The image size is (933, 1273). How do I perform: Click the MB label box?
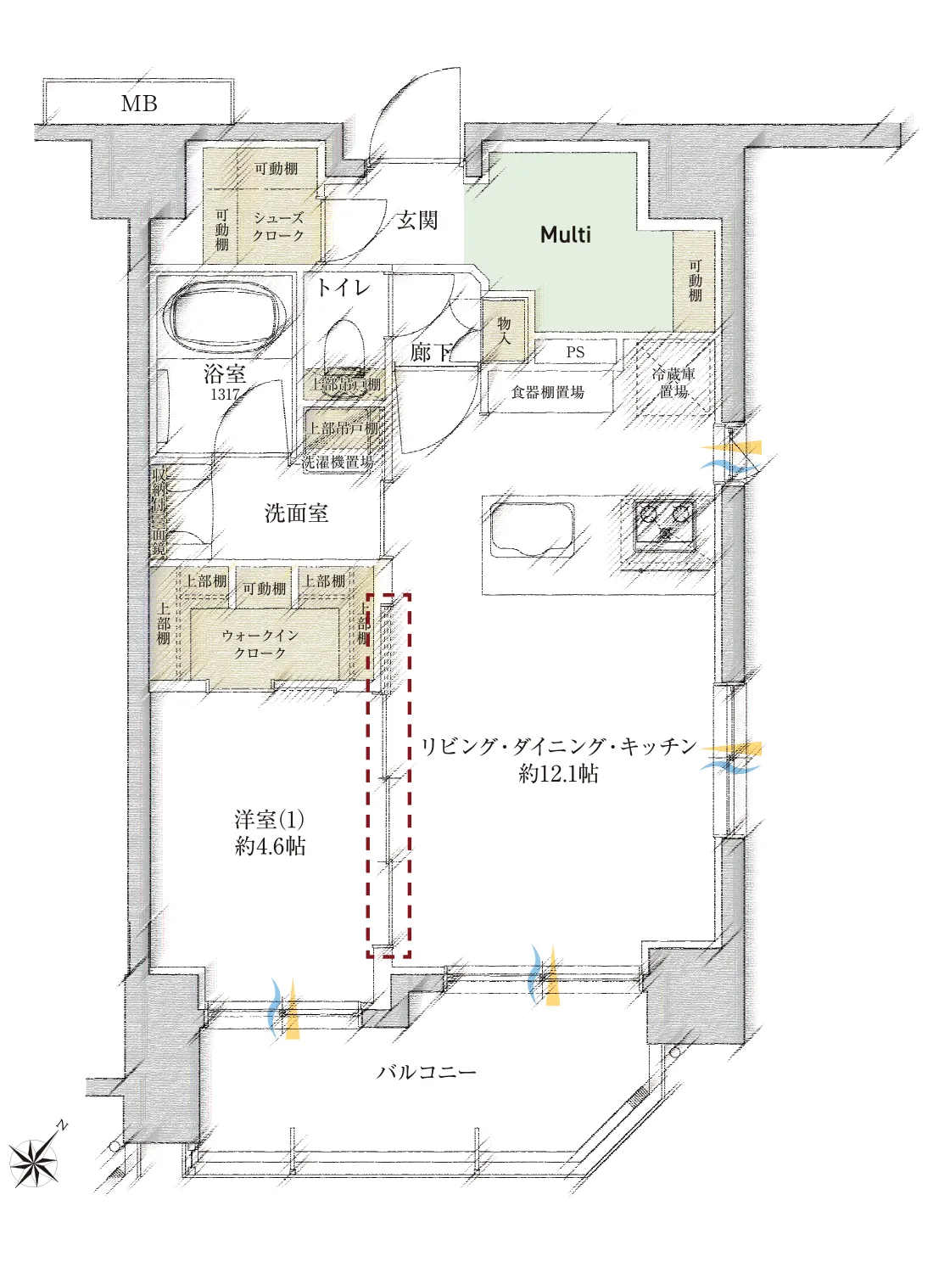click(138, 104)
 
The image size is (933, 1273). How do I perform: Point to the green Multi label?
click(566, 235)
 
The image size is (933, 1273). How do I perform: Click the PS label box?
click(575, 352)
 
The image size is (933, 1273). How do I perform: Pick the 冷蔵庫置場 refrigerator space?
click(673, 383)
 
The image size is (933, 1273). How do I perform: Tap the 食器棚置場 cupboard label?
click(548, 392)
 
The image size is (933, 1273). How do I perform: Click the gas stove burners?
click(667, 523)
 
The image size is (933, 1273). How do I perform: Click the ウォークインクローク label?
click(260, 644)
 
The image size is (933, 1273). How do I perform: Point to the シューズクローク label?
click(278, 227)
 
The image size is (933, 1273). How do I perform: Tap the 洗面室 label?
click(296, 513)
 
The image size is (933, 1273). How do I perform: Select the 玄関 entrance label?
click(417, 221)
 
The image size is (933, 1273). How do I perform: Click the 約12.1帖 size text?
click(559, 773)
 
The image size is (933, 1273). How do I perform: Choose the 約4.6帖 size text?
click(270, 846)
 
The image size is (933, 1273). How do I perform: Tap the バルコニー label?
click(427, 1072)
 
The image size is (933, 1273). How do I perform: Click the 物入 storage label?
click(505, 330)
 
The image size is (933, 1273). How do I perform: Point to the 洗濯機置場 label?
click(338, 463)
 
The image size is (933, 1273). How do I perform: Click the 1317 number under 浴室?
click(225, 395)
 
